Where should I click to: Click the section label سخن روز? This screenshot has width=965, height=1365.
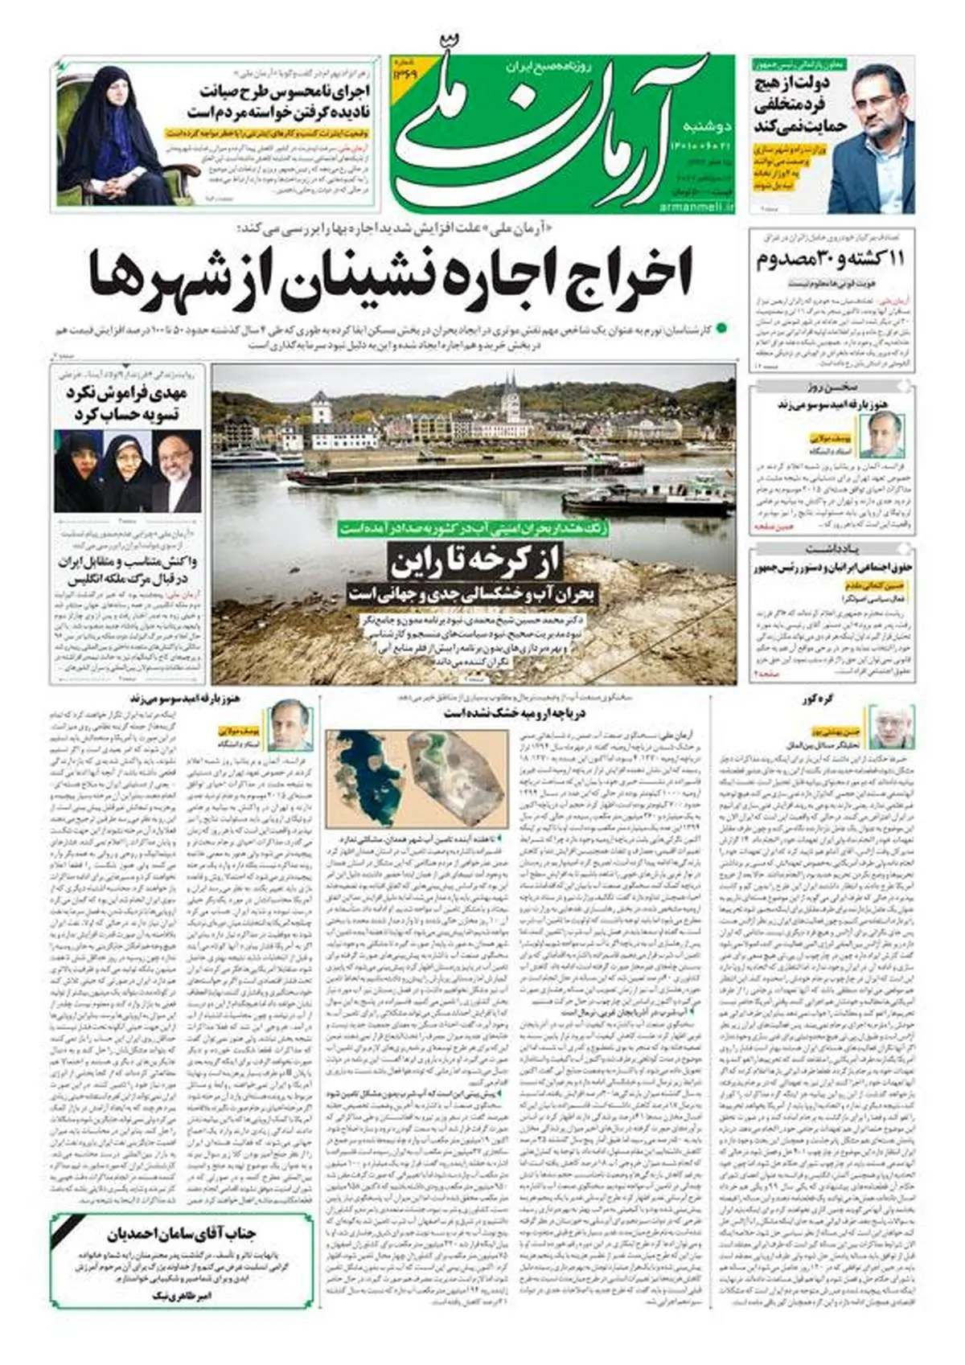point(833,387)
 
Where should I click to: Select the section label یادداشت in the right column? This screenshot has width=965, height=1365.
point(833,549)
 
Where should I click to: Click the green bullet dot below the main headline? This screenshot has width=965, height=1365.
point(721,328)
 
